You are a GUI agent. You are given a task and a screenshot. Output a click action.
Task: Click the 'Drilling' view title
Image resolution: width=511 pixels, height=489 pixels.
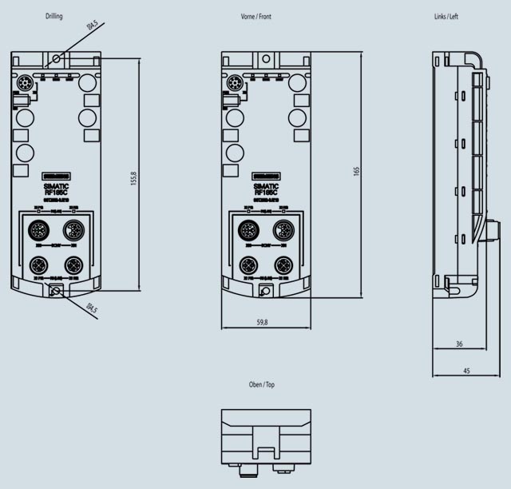pyautogui.click(x=55, y=17)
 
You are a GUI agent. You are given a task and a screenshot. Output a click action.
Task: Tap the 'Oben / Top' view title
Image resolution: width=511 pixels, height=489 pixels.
pyautogui.click(x=262, y=384)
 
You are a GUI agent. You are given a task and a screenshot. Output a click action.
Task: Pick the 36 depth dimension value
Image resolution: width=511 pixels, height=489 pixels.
pyautogui.click(x=459, y=344)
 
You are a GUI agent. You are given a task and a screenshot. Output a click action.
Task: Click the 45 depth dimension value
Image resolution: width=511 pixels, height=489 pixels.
pyautogui.click(x=466, y=371)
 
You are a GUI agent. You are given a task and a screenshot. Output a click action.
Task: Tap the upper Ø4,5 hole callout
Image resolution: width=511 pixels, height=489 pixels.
pyautogui.click(x=92, y=29)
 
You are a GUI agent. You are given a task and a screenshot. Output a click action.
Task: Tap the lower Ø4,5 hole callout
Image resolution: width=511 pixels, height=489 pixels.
pyautogui.click(x=91, y=308)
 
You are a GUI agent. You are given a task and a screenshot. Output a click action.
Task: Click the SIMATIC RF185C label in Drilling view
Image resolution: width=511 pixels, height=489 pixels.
pyautogui.click(x=56, y=189)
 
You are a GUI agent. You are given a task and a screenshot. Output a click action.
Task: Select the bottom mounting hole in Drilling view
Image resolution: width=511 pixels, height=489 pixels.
pyautogui.click(x=56, y=292)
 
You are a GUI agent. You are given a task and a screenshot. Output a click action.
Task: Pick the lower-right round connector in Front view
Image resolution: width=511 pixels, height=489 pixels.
pyautogui.click(x=283, y=265)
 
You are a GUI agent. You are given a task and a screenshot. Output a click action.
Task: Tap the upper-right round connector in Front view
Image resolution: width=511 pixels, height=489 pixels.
pyautogui.click(x=283, y=232)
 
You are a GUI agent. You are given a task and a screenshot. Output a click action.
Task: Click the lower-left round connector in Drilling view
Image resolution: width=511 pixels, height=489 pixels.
pyautogui.click(x=38, y=265)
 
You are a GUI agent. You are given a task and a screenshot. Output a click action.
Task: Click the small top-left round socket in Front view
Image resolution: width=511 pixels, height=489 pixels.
pyautogui.click(x=235, y=83)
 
